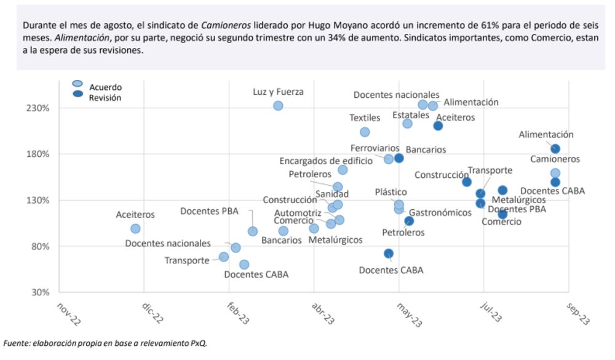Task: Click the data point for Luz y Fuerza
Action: [x=278, y=106]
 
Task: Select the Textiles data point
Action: [x=365, y=132]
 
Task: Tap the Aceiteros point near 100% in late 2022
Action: [x=135, y=229]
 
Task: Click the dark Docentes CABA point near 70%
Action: [x=389, y=254]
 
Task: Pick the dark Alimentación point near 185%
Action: [x=555, y=149]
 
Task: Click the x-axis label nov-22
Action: [x=68, y=314]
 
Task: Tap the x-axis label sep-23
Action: [x=578, y=314]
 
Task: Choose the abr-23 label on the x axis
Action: [x=323, y=314]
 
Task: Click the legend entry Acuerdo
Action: [x=105, y=87]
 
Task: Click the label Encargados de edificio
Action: [x=326, y=161]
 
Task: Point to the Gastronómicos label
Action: [x=440, y=212]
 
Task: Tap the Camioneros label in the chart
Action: [x=555, y=159]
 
